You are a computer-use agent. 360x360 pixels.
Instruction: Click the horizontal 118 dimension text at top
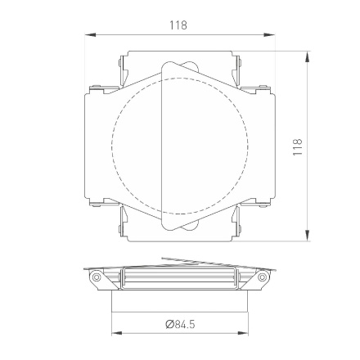coord(178,25)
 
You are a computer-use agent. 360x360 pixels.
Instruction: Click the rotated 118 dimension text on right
coord(298,146)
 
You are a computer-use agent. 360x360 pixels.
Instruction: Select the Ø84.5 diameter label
coord(180,324)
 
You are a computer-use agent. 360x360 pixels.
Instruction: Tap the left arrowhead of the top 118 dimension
coord(88,35)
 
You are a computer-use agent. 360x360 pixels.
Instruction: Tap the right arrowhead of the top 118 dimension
coord(271,35)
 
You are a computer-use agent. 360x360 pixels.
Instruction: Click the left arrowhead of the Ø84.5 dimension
coord(115,334)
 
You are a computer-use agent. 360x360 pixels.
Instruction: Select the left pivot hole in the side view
coord(97,277)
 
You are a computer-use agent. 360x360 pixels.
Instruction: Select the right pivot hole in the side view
coord(262,277)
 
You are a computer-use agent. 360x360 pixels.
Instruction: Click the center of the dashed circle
coord(179,147)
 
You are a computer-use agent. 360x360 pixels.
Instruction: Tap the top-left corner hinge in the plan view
coord(123,65)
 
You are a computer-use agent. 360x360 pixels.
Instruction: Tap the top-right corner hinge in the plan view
coord(237,65)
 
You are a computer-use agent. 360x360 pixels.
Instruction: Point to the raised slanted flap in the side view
coord(196,263)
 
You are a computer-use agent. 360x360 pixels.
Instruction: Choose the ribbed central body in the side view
coord(179,280)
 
